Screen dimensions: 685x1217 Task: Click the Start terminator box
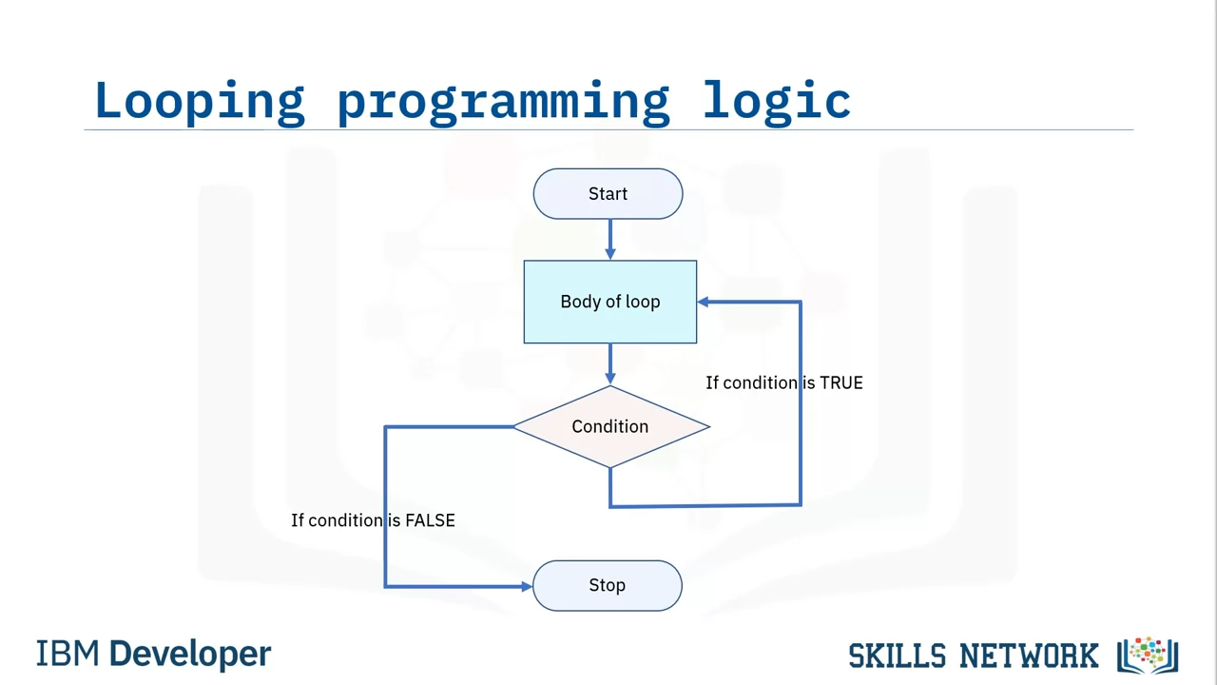tap(608, 194)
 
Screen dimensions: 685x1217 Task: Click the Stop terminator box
tap(607, 585)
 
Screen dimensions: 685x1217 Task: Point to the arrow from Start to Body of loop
tap(609, 239)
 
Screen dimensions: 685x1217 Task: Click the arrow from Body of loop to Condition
tap(609, 363)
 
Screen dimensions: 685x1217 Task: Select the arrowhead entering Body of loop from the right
tap(704, 302)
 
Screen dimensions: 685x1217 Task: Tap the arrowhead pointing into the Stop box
tap(527, 586)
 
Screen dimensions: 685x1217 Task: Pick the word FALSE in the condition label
tap(430, 520)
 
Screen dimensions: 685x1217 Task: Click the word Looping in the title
tap(199, 101)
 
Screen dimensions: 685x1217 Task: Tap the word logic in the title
tap(776, 101)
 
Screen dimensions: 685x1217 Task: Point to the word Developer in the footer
tap(190, 655)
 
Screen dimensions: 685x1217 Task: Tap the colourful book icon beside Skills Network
tap(1149, 655)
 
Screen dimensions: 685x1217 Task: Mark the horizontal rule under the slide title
tap(608, 129)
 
